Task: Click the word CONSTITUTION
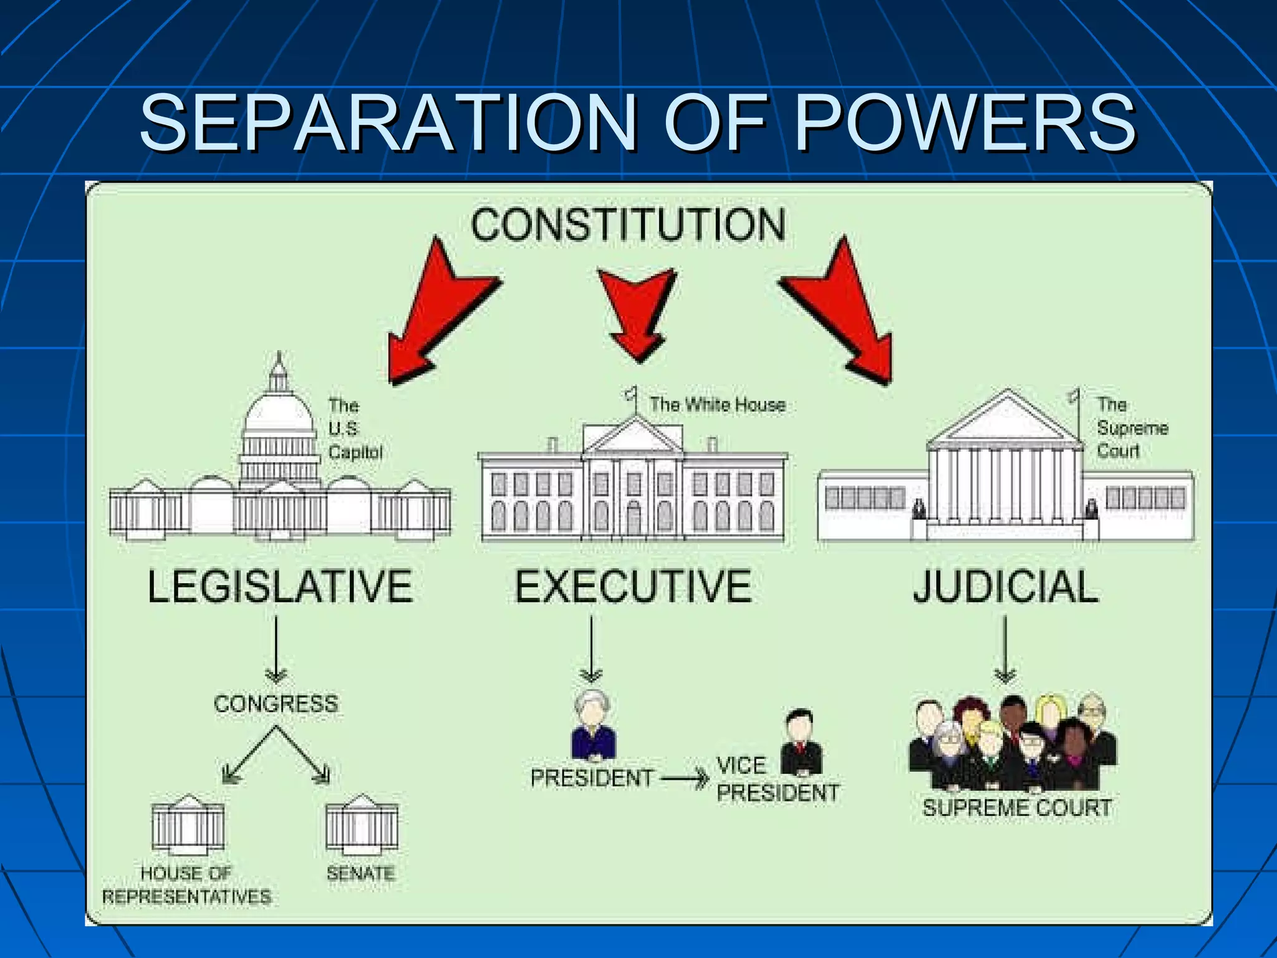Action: pyautogui.click(x=627, y=225)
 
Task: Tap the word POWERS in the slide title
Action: pyautogui.click(x=965, y=122)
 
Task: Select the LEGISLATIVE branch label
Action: pyautogui.click(x=280, y=586)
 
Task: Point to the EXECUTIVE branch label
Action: pyautogui.click(x=633, y=586)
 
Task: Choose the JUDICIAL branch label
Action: pyautogui.click(x=1005, y=586)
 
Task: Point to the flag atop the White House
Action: pyautogui.click(x=631, y=394)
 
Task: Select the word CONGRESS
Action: pyautogui.click(x=276, y=704)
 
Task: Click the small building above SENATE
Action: pyautogui.click(x=362, y=823)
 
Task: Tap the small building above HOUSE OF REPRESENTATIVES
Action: pyautogui.click(x=188, y=823)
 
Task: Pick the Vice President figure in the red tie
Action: pyautogui.click(x=800, y=742)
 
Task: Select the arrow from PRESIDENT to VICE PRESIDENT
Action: pyautogui.click(x=685, y=778)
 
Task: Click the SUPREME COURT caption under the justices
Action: pyautogui.click(x=1017, y=808)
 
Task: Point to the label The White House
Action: pyautogui.click(x=717, y=405)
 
